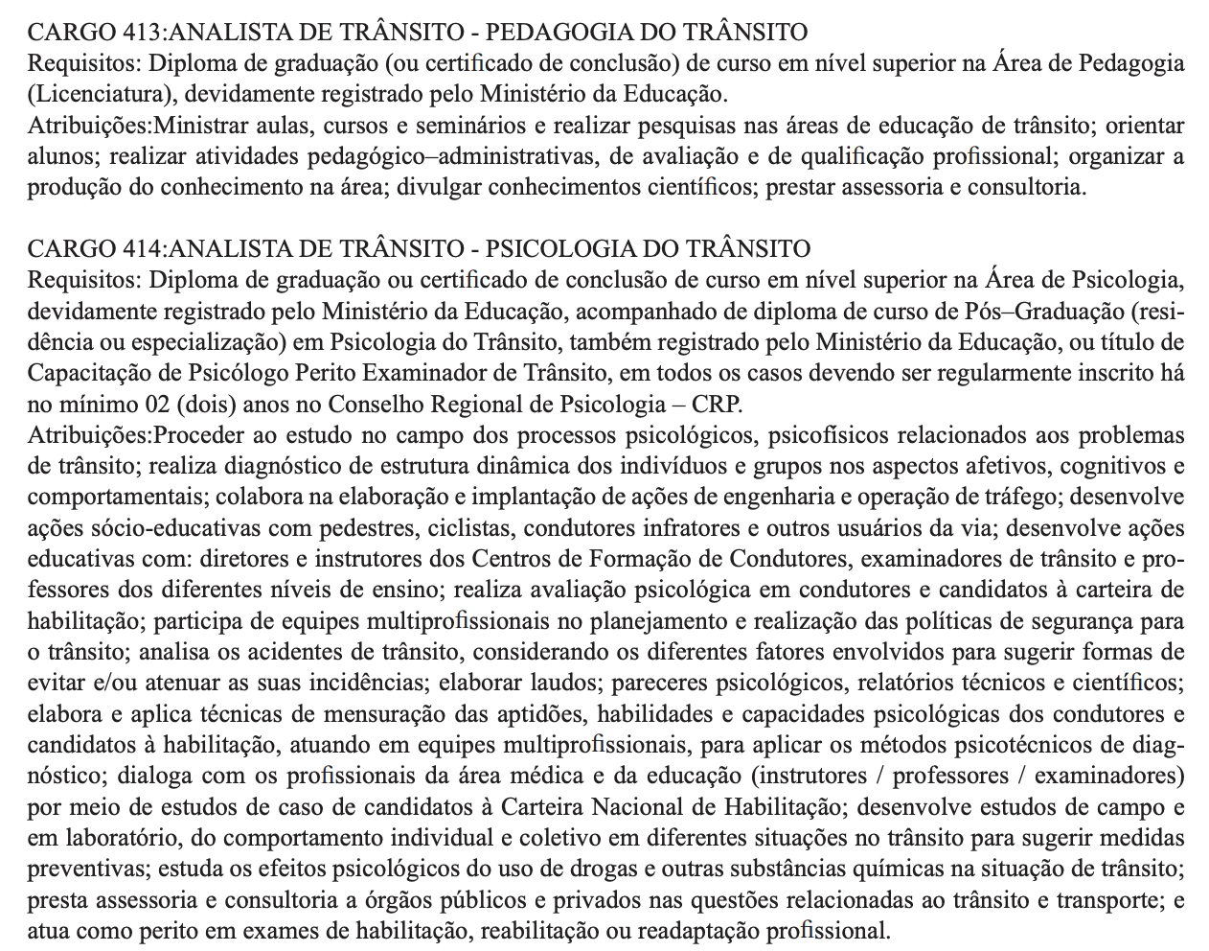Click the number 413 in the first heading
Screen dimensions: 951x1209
tap(143, 33)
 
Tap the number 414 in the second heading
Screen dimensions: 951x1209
tap(143, 249)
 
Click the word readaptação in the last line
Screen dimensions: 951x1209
tap(743, 931)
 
